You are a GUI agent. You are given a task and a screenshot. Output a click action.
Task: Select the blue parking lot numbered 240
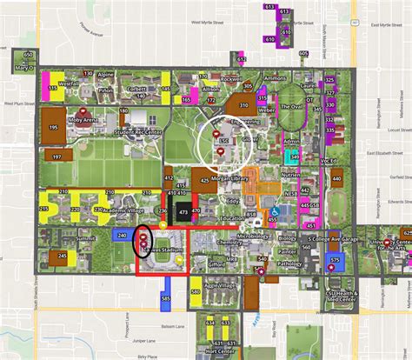(121, 236)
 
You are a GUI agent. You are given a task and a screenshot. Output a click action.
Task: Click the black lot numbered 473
(183, 211)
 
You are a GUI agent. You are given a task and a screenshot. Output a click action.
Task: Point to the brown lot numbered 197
(56, 157)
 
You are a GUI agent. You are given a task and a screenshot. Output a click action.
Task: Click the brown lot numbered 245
(63, 257)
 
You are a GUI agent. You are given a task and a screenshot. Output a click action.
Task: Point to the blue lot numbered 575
(336, 261)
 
